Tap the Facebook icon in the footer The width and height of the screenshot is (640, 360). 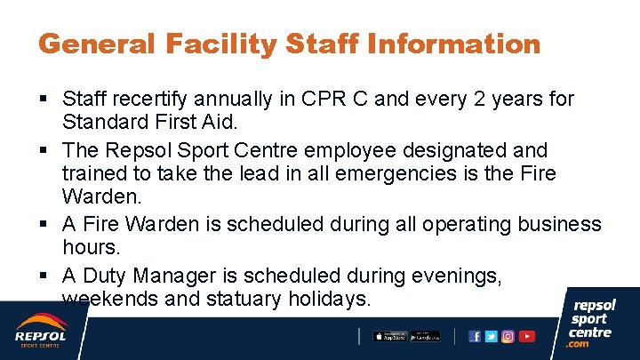[475, 336]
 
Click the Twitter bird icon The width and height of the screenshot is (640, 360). [491, 336]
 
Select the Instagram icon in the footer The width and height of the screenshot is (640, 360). [508, 336]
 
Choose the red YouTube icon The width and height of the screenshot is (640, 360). [527, 336]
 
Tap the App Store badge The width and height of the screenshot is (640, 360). [389, 336]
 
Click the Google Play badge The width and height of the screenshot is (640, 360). [426, 336]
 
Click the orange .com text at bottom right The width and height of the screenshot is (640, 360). [579, 344]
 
